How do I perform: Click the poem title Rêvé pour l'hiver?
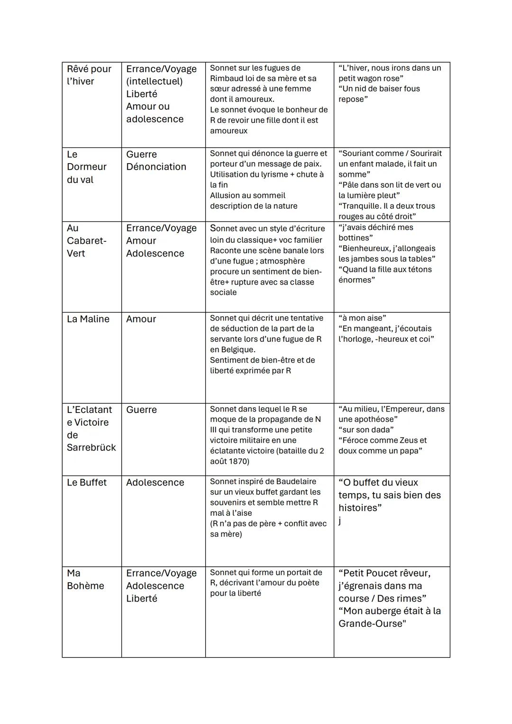(89, 75)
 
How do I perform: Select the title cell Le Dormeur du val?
(86, 167)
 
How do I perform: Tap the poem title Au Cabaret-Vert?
(86, 240)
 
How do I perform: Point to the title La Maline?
(88, 319)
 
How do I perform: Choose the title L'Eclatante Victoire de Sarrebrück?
(91, 428)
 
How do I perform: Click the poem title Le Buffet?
(87, 482)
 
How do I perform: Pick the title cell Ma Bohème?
(85, 579)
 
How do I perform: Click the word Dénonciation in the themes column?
(156, 167)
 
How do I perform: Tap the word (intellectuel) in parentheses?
(154, 81)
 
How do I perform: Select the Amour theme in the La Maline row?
(141, 319)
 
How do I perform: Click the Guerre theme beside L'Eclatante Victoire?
(141, 410)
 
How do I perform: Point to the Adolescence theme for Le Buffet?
(155, 482)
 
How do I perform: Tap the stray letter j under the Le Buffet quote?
(339, 521)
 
